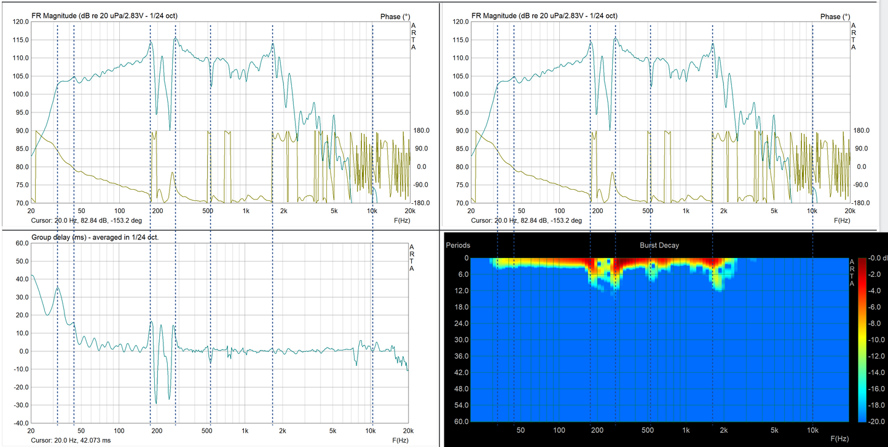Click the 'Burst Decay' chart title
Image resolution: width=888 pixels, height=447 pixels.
659,245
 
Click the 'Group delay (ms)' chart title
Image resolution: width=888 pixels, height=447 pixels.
95,237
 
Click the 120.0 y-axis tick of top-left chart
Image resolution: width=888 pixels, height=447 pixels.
21,22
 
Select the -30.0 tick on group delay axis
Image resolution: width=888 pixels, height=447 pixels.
21,405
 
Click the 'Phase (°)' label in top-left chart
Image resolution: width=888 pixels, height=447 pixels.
390,17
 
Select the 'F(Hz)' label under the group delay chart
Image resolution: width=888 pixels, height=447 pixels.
401,440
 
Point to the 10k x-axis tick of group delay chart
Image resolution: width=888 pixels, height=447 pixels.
371,431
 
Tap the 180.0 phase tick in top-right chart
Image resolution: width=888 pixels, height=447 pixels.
862,131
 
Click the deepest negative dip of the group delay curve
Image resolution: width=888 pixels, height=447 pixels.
156,403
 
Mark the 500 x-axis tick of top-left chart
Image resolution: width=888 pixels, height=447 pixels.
208,211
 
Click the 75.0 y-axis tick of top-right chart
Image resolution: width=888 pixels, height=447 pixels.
461,185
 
